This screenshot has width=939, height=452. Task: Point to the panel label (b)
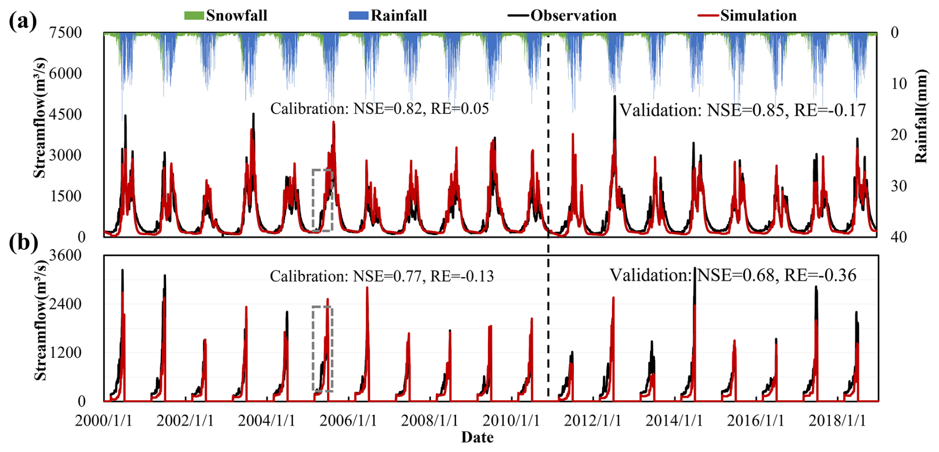tap(23, 243)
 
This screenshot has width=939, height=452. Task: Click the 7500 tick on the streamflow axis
tap(65, 33)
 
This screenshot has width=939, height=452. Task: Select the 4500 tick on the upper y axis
tap(65, 114)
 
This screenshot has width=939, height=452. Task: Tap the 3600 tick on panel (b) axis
tap(65, 255)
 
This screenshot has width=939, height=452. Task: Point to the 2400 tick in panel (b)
tap(65, 304)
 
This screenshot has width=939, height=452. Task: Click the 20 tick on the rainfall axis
tap(899, 135)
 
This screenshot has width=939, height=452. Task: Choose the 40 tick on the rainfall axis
tap(899, 237)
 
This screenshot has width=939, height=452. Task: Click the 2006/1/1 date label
tap(348, 421)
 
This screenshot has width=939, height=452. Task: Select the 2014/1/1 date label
tap(674, 421)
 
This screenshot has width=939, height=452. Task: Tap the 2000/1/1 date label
tap(104, 421)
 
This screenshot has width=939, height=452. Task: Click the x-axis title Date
tap(477, 438)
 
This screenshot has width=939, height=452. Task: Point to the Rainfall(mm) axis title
tap(921, 116)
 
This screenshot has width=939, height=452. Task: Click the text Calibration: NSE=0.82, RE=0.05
tap(379, 109)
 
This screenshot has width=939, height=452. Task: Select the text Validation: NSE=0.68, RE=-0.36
tap(733, 275)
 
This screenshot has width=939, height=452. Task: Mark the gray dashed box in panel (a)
tap(322, 200)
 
